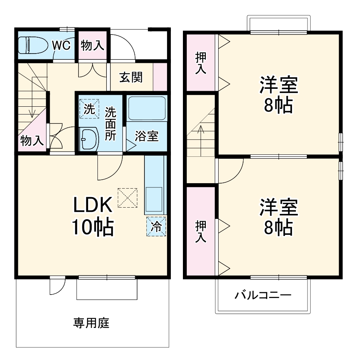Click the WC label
pyautogui.click(x=61, y=45)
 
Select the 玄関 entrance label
pyautogui.click(x=130, y=78)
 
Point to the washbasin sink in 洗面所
pyautogui.click(x=89, y=139)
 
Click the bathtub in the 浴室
pyautogui.click(x=146, y=108)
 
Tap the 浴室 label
pyautogui.click(x=146, y=136)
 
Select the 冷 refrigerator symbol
pyautogui.click(x=156, y=226)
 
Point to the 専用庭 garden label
pyautogui.click(x=91, y=323)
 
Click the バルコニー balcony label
pyautogui.click(x=263, y=296)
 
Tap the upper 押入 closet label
pyautogui.click(x=200, y=63)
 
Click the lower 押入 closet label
pyautogui.click(x=200, y=232)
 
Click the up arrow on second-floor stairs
pyautogui.click(x=201, y=132)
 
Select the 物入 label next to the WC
pyautogui.click(x=92, y=45)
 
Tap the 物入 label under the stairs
pyautogui.click(x=32, y=140)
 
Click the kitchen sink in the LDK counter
pyautogui.click(x=155, y=198)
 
